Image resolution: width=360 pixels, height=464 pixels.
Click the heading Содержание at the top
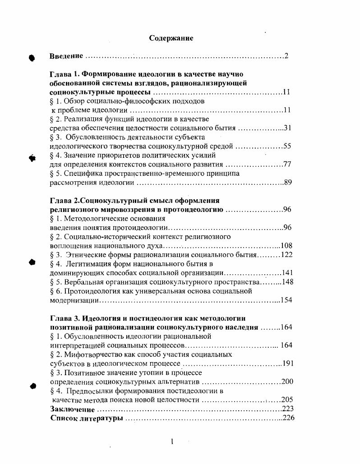click(x=171, y=38)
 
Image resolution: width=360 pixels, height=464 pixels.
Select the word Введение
click(x=66, y=56)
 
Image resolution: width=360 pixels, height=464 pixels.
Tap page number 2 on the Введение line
click(x=286, y=56)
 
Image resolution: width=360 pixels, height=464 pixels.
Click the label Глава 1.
click(x=66, y=74)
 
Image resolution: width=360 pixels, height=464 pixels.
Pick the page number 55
click(x=287, y=146)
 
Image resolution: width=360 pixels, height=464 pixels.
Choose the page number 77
click(x=287, y=164)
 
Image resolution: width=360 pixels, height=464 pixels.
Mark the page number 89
click(x=288, y=183)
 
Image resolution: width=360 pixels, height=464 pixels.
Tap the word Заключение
click(x=73, y=409)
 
